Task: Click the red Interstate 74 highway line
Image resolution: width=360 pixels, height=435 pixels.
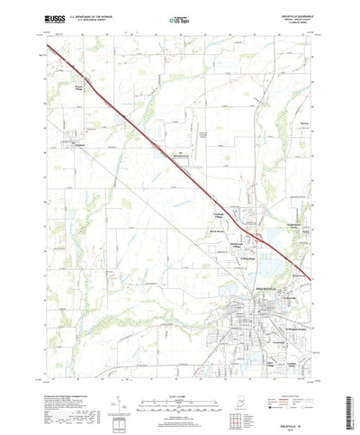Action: click(144, 135)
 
